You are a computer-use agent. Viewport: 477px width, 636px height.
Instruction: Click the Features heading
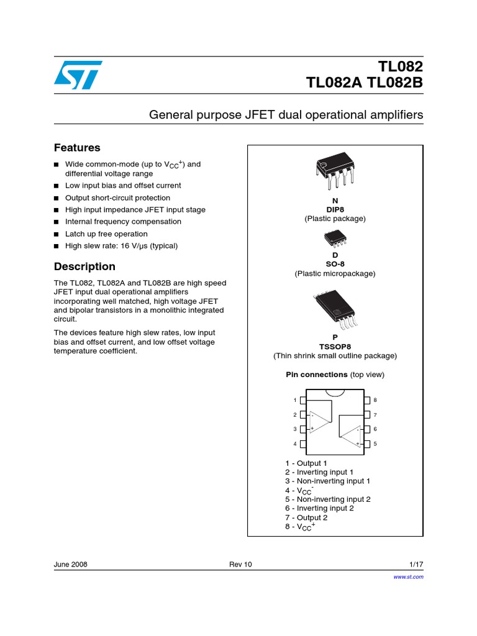pyautogui.click(x=77, y=148)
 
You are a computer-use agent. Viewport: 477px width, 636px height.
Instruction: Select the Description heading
pyautogui.click(x=84, y=266)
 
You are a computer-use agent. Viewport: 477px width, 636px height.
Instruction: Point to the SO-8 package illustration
pyautogui.click(x=335, y=238)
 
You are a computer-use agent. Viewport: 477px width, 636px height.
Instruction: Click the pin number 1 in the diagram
pyautogui.click(x=295, y=400)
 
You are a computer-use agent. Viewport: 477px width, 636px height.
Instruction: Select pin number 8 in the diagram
pyautogui.click(x=375, y=400)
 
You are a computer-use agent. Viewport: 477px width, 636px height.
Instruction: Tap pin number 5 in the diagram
pyautogui.click(x=375, y=444)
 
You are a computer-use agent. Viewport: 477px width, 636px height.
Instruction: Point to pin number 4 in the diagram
pyautogui.click(x=295, y=444)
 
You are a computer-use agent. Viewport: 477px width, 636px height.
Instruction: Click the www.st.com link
pyautogui.click(x=409, y=577)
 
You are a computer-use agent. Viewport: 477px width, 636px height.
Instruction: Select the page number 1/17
pyautogui.click(x=416, y=564)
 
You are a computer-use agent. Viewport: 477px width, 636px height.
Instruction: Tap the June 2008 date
pyautogui.click(x=71, y=564)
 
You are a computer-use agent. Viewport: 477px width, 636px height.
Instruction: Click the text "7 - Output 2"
pyautogui.click(x=306, y=517)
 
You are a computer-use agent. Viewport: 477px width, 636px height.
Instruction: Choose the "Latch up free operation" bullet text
pyautogui.click(x=106, y=234)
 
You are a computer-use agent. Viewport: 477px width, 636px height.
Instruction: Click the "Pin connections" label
pyautogui.click(x=316, y=375)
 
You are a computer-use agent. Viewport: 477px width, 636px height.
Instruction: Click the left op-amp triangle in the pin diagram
pyautogui.click(x=320, y=422)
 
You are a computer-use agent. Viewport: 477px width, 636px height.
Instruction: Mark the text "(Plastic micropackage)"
pyautogui.click(x=335, y=273)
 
